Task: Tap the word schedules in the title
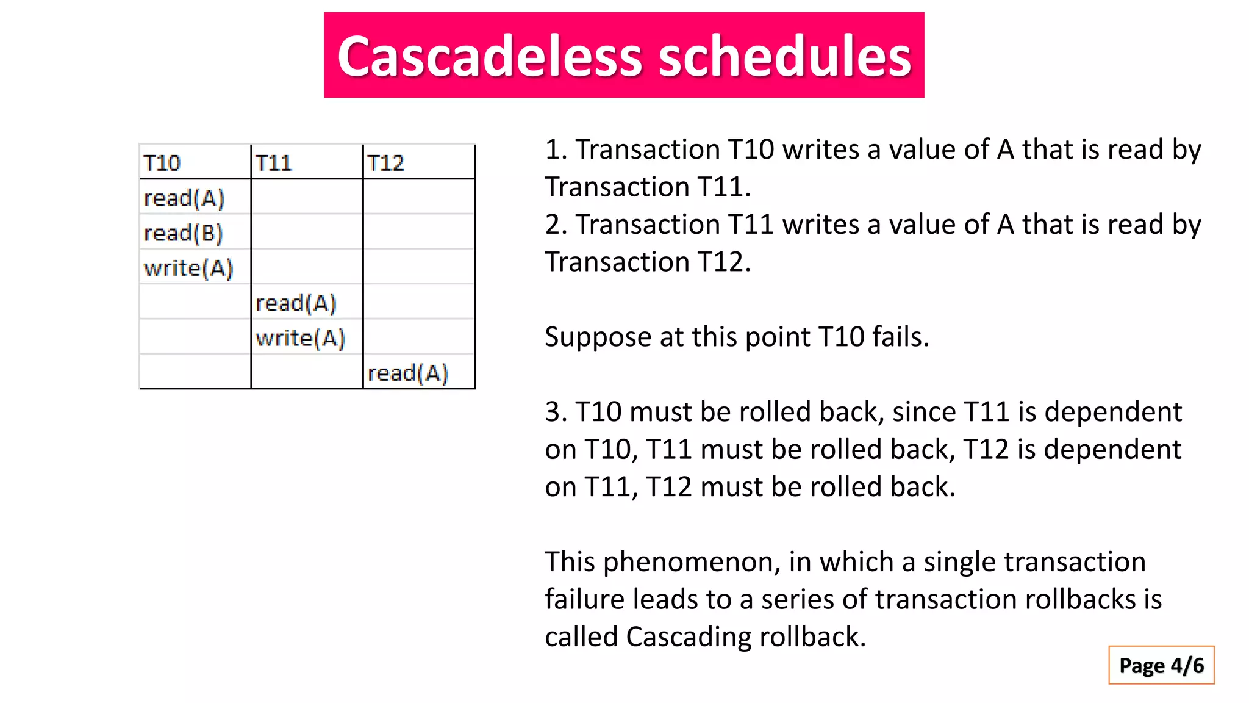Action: pos(784,56)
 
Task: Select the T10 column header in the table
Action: pos(162,163)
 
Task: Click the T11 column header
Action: pos(274,163)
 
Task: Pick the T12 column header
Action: pos(385,163)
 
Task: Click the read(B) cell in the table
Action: pos(184,233)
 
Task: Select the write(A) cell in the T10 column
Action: pos(188,269)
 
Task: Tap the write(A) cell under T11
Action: pos(301,338)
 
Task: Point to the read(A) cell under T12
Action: pos(408,373)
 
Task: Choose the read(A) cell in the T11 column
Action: pos(296,303)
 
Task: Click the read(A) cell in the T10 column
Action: pos(184,198)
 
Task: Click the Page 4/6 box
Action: pos(1161,665)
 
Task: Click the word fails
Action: pos(900,336)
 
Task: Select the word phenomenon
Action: pos(692,562)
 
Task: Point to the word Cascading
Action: pos(688,637)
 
